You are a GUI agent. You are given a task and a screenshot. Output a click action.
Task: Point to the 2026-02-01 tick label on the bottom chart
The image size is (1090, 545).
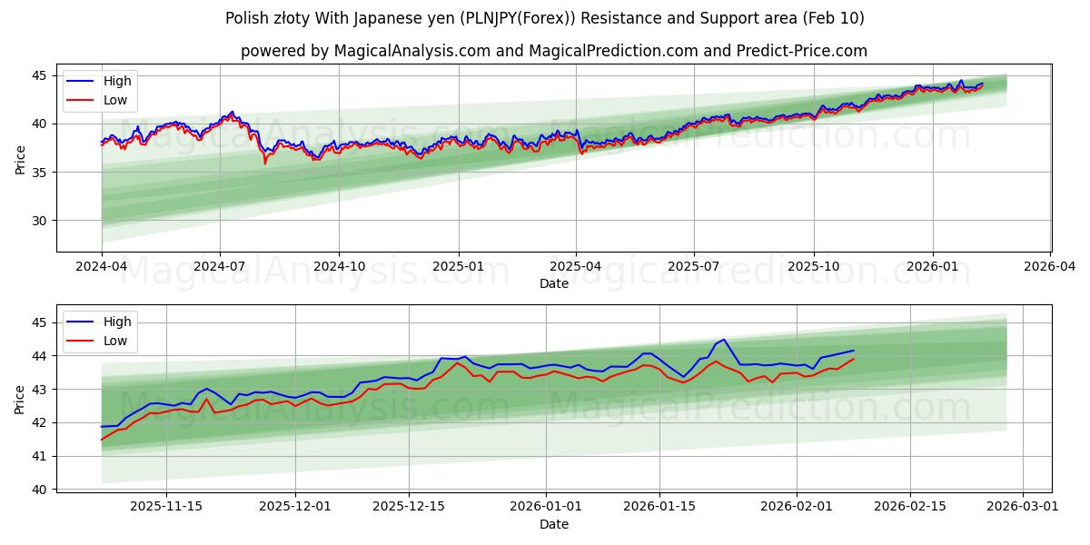pyautogui.click(x=796, y=506)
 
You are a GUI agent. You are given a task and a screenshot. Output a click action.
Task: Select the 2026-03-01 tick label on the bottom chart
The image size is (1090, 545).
pyautogui.click(x=1024, y=506)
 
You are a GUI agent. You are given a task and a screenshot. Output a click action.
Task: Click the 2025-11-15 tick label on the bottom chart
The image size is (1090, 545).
pyautogui.click(x=165, y=506)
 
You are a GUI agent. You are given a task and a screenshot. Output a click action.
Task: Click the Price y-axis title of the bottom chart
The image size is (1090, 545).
pyautogui.click(x=20, y=399)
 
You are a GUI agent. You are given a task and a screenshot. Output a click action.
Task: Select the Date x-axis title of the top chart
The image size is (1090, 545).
pyautogui.click(x=554, y=283)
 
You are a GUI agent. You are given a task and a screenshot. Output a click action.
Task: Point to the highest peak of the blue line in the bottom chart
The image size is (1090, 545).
pyautogui.click(x=723, y=340)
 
